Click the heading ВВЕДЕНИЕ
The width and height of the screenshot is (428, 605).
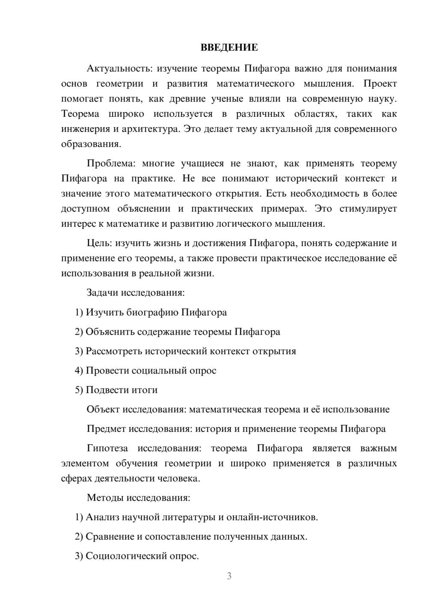point(229,47)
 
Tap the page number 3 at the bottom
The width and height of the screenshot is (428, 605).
point(229,576)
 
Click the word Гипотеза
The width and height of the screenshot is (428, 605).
point(107,448)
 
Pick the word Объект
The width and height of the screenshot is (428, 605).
point(103,409)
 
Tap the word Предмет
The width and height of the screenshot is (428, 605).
point(106,429)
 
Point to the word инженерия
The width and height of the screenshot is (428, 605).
point(86,129)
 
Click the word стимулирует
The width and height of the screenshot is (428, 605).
point(368,209)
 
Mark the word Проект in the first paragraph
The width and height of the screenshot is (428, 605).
point(380,84)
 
